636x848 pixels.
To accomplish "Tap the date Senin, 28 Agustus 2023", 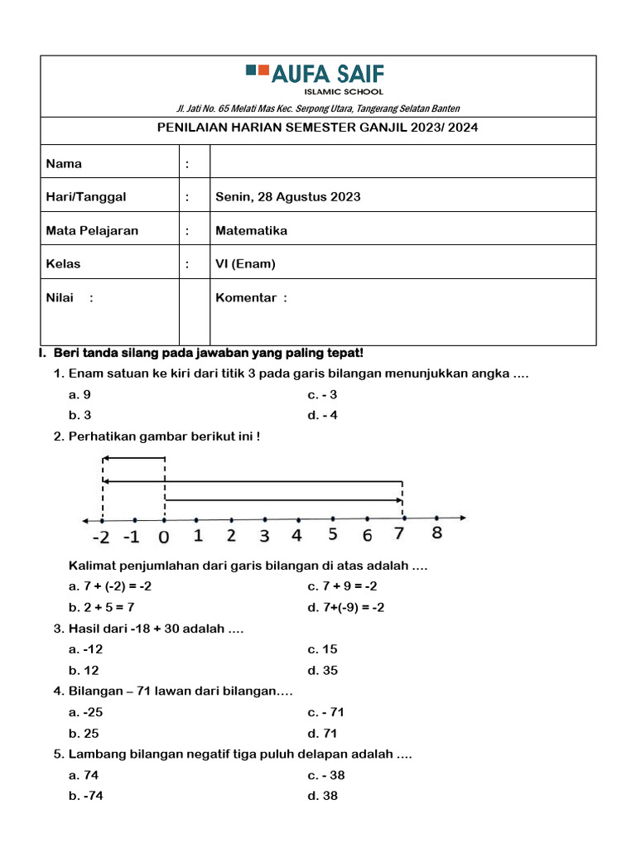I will [x=287, y=197].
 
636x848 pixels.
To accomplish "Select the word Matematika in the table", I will [x=251, y=231].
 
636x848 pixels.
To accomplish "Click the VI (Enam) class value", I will [x=245, y=264].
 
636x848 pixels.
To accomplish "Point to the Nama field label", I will [x=64, y=164].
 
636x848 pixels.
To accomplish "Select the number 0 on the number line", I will [x=164, y=537].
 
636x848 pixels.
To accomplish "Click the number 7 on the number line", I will [x=400, y=534].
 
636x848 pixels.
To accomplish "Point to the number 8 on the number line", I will [x=436, y=533].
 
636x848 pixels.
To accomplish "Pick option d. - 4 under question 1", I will [x=322, y=416].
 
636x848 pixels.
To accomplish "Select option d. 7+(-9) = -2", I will [x=345, y=608].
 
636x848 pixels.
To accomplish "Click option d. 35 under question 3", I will [x=322, y=671].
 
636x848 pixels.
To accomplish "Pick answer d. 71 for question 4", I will [x=322, y=734].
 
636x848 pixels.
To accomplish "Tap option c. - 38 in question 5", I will [x=325, y=776].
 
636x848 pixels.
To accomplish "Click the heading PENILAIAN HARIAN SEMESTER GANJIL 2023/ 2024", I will [x=318, y=128].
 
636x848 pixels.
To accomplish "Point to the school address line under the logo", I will [x=318, y=108].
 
